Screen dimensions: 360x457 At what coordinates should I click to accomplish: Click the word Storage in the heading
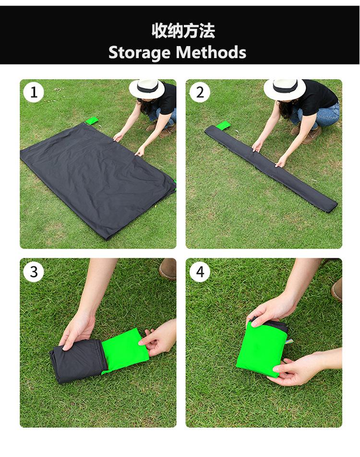click(139, 52)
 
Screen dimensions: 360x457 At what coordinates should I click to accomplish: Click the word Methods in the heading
click(211, 52)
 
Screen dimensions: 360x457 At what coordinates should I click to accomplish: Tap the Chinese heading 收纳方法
click(183, 31)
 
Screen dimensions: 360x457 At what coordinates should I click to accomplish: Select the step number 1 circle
click(34, 92)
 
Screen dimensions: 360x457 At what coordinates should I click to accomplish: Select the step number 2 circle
click(200, 92)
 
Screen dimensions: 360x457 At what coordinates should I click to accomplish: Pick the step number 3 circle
click(34, 272)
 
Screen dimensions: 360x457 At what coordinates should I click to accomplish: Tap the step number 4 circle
click(200, 272)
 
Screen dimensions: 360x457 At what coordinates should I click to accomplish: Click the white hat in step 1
click(147, 88)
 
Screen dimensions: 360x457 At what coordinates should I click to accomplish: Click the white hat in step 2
click(285, 89)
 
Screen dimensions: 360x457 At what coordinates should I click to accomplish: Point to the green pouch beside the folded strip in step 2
click(223, 125)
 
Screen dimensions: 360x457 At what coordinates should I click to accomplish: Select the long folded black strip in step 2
click(271, 168)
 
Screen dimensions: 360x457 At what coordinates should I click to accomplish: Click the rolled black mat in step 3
click(77, 360)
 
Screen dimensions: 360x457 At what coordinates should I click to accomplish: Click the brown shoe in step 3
click(168, 269)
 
